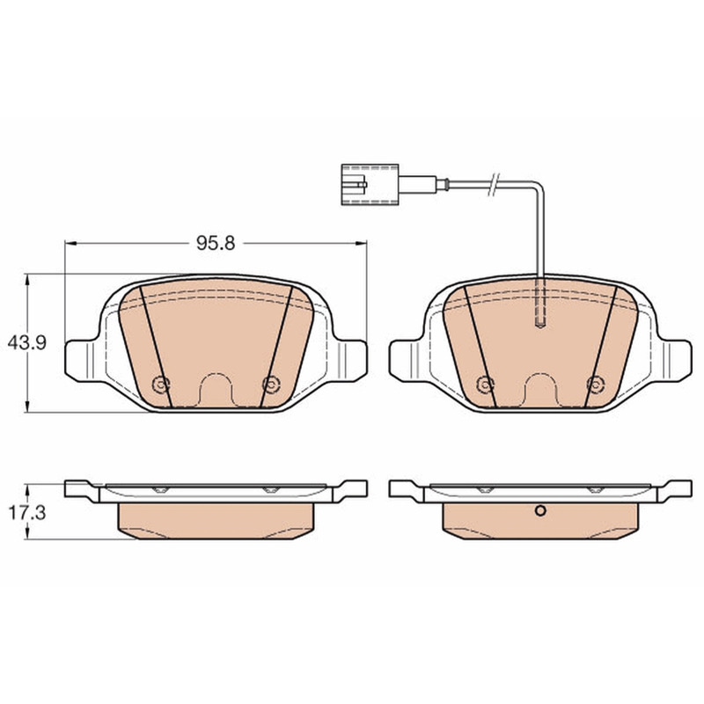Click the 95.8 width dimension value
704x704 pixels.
coord(216,244)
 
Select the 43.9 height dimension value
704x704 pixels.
coord(27,343)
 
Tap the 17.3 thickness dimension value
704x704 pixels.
coord(28,512)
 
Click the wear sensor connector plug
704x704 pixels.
coord(370,185)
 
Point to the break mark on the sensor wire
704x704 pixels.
coord(493,184)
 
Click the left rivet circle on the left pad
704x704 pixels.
coord(161,385)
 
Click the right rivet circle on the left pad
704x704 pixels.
coord(271,385)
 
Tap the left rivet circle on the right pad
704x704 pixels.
coord(486,385)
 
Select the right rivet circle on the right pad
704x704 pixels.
coord(596,385)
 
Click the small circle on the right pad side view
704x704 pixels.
coord(540,510)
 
